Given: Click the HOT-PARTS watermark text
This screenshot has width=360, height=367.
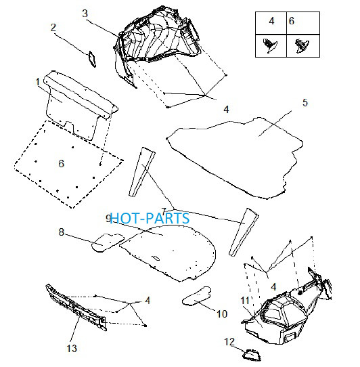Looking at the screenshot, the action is point(150,218).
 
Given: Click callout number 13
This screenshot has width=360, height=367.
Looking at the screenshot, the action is point(72,348).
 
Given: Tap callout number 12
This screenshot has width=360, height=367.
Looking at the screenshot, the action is point(229,342).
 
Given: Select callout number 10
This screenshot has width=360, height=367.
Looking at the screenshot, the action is point(222,314).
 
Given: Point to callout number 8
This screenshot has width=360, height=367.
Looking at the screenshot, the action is point(62,232).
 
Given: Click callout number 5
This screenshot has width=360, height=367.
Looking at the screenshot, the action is point(305,103).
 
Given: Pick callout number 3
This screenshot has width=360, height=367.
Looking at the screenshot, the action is point(85,14).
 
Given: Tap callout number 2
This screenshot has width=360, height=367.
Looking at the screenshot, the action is point(53,28).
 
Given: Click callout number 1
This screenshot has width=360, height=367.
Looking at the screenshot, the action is point(38,82).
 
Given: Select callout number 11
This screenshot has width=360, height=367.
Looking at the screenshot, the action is point(245,301).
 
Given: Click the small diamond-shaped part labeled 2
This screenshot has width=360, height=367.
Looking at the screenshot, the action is point(92,59).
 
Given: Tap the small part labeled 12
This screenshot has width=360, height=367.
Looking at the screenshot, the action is point(252,355).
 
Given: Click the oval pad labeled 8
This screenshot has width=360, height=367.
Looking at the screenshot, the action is point(108,242).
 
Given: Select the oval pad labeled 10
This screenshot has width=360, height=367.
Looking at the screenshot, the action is point(196,296).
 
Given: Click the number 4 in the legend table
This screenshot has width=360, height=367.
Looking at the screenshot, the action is point(271,21).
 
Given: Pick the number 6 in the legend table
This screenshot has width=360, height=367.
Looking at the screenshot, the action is point(292,21).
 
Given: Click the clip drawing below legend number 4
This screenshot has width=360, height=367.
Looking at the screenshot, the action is point(270,45).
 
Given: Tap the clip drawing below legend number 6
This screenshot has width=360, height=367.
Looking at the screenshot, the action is point(302,45).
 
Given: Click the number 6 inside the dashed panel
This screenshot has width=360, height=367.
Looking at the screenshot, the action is point(62,163).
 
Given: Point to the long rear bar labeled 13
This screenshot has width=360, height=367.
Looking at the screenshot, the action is point(76,307).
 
